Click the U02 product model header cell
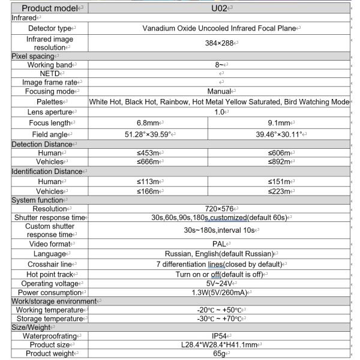coord(219,8)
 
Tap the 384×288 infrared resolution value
coord(219,43)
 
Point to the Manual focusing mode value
coord(219,91)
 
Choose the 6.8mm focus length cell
coord(148,122)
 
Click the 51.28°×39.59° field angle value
coord(148,134)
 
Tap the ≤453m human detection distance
coord(148,154)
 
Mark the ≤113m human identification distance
coord(148,182)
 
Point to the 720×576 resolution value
coord(219,209)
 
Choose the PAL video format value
coord(219,244)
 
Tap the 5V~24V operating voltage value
coord(219,283)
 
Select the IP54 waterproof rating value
coord(219,336)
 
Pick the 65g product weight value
coord(219,353)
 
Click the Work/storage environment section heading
coord(55,301)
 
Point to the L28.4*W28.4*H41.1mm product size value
coord(219,345)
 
